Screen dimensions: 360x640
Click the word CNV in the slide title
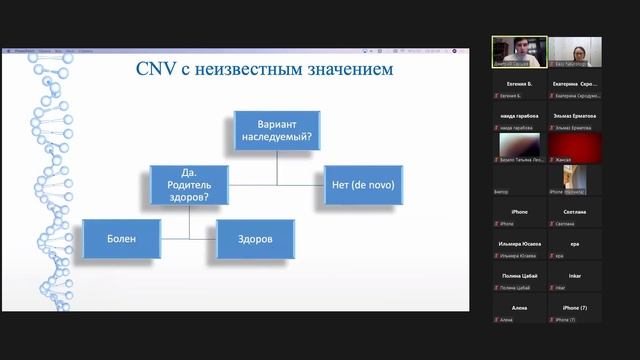coord(156,69)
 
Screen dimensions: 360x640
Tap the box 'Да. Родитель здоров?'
coord(190,185)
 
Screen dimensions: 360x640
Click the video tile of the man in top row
coord(519,52)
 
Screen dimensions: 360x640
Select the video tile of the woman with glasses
coord(575,52)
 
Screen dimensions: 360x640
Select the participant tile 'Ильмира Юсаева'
coord(519,245)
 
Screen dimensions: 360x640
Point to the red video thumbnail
coord(575,148)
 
